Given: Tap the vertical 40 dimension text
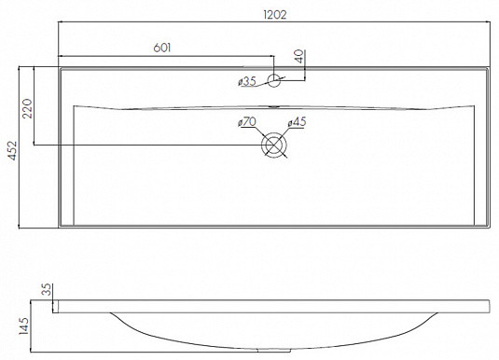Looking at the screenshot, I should tap(299, 57).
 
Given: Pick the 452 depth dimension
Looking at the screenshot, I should tap(12, 146).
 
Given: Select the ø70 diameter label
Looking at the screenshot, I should tap(248, 122).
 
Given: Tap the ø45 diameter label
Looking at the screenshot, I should tap(297, 122).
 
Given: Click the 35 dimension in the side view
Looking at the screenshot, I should tap(45, 291).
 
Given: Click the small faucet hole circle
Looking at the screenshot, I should tap(274, 80).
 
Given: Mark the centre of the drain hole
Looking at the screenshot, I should tap(274, 145).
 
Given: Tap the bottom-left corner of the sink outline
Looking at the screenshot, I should tap(59, 228).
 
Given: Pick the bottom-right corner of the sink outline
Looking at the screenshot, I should tap(489, 228).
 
